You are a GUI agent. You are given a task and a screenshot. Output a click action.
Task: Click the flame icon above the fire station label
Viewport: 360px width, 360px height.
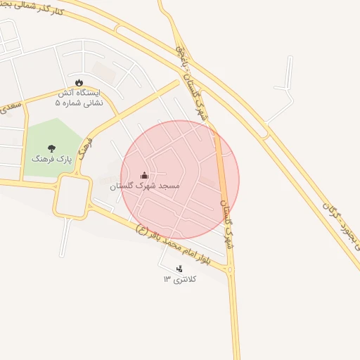(79, 82)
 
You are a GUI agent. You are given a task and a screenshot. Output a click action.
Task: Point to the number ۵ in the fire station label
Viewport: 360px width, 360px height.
(59, 103)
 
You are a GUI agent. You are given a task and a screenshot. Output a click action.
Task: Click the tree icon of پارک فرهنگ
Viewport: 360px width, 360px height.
(51, 148)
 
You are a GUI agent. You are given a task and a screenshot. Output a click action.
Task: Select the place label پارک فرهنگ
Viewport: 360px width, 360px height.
(51, 160)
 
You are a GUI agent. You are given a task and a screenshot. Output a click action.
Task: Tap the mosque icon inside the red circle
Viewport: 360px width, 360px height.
(144, 175)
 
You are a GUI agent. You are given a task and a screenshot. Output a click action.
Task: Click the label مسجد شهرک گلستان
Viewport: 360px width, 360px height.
(145, 186)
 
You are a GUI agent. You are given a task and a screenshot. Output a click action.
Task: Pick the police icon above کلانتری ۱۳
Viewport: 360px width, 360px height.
(179, 268)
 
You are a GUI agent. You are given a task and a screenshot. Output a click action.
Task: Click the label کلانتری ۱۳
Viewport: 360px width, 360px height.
(181, 279)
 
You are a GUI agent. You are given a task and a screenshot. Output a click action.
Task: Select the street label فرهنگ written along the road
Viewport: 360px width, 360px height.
(85, 149)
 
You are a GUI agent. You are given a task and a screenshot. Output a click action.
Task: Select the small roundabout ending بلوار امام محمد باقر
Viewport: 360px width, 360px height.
(231, 269)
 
